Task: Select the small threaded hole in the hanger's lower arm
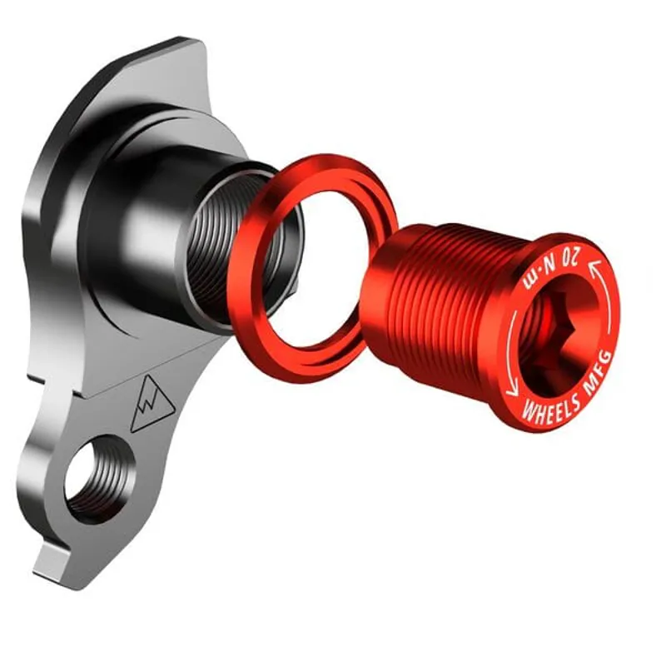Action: point(97,479)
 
